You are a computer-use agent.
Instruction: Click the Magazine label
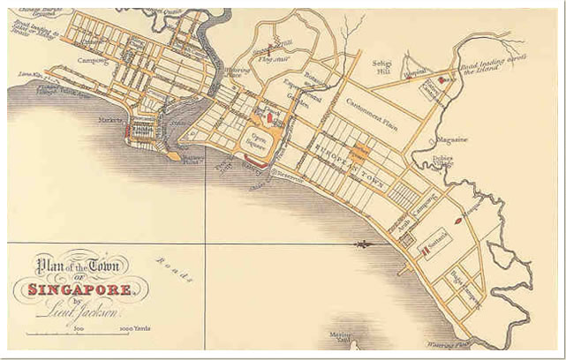pos(451,139)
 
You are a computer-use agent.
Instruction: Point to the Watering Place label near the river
pos(236,73)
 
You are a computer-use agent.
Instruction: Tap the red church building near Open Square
pos(270,116)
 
